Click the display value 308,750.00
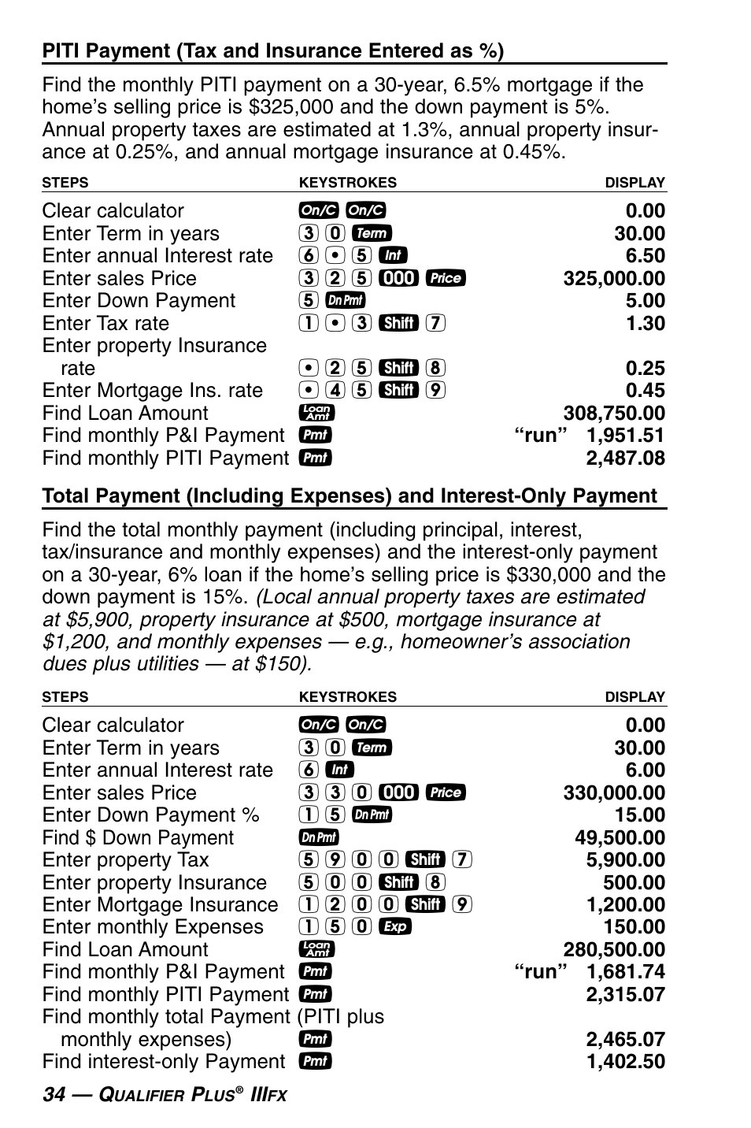click(x=613, y=414)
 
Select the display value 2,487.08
click(x=625, y=458)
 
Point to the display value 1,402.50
click(x=625, y=1062)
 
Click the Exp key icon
click(x=394, y=927)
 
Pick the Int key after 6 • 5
click(x=392, y=256)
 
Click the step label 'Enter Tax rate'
click(x=105, y=324)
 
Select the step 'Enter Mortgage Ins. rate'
click(x=152, y=391)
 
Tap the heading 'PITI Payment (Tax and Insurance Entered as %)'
click(x=272, y=51)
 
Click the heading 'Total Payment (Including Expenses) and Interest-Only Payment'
click(x=349, y=496)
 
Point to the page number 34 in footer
click(x=54, y=1095)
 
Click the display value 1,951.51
click(x=625, y=436)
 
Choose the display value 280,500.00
click(x=613, y=950)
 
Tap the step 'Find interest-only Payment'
click(x=163, y=1062)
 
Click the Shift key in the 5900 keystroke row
click(x=426, y=860)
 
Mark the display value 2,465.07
click(x=625, y=1040)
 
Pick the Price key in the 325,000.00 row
click(x=445, y=279)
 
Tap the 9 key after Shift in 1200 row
click(x=462, y=905)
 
